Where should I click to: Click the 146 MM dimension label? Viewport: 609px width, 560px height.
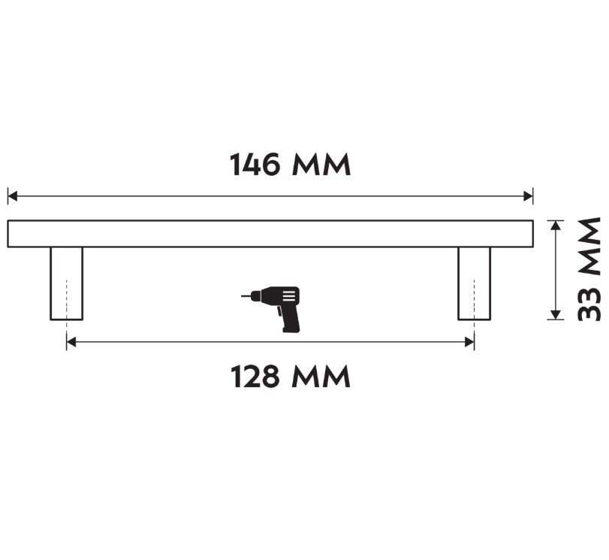point(290,165)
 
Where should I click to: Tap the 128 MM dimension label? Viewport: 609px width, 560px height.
point(290,377)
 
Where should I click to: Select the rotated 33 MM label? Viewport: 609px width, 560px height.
point(589,269)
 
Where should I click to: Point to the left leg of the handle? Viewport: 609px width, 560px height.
point(66,283)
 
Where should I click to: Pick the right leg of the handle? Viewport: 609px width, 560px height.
point(475,283)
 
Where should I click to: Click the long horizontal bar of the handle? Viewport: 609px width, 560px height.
point(270,234)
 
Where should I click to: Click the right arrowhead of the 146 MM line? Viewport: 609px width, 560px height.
point(529,196)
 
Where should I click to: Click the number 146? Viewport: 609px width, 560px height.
point(255,165)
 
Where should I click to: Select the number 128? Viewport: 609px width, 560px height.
point(255,377)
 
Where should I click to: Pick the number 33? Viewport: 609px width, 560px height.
point(589,302)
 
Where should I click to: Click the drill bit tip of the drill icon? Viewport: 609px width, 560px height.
point(243,296)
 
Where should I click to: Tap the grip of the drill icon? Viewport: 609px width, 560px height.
point(290,320)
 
